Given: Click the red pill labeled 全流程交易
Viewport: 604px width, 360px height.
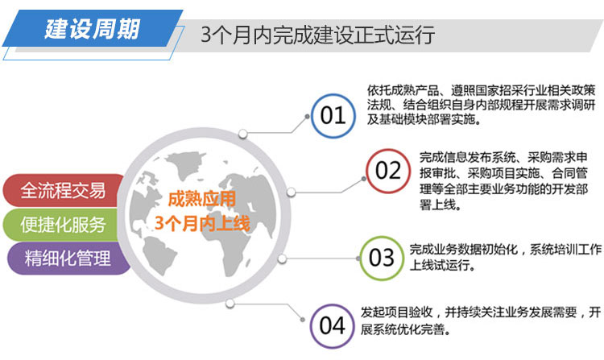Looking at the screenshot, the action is click(64, 190).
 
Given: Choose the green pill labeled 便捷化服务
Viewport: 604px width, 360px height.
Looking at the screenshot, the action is click(62, 225).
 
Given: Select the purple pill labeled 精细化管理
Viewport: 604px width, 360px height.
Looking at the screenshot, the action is click(68, 259).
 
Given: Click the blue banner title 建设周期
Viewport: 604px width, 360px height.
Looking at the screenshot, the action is click(92, 29).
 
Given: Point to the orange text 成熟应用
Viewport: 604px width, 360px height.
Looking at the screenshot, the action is click(202, 200).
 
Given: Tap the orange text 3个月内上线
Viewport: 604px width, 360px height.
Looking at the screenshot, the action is click(202, 223).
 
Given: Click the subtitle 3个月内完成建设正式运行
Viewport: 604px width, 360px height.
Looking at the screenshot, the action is click(318, 35).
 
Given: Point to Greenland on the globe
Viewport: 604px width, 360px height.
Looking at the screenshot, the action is click(186, 163).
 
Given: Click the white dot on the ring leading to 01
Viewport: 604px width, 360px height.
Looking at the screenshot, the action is click(242, 134).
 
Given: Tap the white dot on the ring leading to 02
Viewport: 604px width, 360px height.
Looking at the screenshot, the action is click(291, 192).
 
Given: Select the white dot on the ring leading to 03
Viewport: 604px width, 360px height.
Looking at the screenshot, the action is click(282, 259).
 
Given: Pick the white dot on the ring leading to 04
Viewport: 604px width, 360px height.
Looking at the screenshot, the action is click(230, 304).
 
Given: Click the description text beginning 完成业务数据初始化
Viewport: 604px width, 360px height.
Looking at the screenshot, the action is click(506, 257).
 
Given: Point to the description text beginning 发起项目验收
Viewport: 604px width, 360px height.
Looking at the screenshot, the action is click(481, 321).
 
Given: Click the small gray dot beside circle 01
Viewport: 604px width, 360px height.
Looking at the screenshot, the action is click(307, 116).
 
